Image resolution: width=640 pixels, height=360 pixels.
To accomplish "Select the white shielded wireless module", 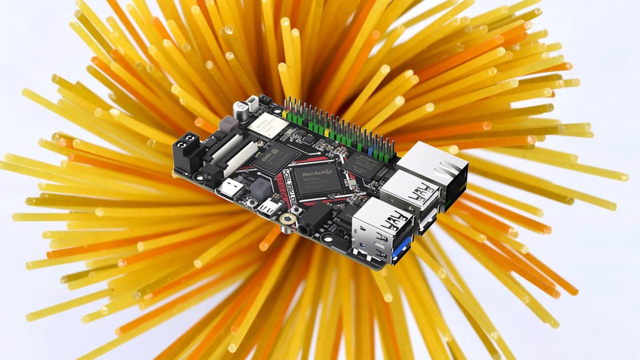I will [266, 127].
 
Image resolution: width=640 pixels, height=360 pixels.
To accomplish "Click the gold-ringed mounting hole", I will [284, 217].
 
